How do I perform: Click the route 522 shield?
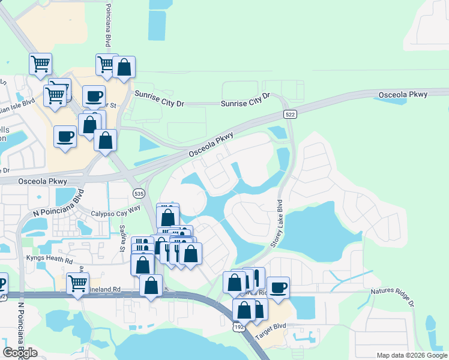pyautogui.click(x=290, y=114)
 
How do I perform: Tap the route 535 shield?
pyautogui.click(x=138, y=193)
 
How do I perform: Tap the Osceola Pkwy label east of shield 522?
pyautogui.click(x=403, y=95)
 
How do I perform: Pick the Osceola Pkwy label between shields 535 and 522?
pyautogui.click(x=211, y=145)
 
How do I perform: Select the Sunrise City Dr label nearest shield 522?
pyautogui.click(x=246, y=100)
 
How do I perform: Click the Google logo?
pyautogui.click(x=20, y=353)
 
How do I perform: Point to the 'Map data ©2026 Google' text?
pyautogui.click(x=411, y=355)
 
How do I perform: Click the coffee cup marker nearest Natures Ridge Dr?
pyautogui.click(x=278, y=287)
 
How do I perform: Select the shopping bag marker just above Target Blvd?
pyautogui.click(x=244, y=310)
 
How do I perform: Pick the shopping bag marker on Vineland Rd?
pyautogui.click(x=151, y=285)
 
